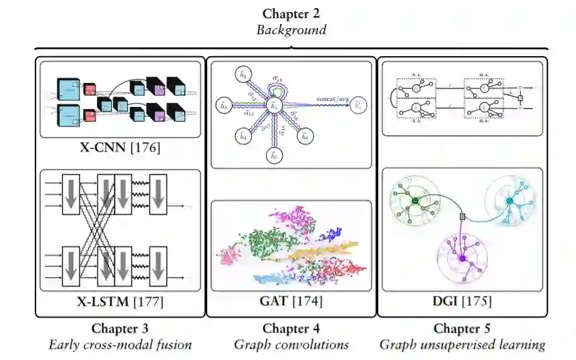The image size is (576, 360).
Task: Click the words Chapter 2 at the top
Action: point(292,14)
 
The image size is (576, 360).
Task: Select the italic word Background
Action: point(292,30)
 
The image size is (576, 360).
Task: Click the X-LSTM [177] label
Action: point(120,302)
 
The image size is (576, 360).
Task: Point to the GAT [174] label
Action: point(291,302)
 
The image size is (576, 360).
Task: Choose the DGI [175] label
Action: point(462,302)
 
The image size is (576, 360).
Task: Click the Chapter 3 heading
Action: point(120,328)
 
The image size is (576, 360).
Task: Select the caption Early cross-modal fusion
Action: point(120,345)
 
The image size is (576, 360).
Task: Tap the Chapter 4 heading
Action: point(291,328)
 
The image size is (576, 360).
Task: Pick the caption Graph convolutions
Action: point(291,345)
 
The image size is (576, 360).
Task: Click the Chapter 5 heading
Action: point(462,328)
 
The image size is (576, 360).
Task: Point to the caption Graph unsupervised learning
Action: point(462,345)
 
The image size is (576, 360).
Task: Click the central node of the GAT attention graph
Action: point(273,106)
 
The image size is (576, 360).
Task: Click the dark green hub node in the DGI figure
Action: point(414,200)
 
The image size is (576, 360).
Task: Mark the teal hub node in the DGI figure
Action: point(509,200)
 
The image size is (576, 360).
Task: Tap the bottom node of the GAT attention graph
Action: point(273,156)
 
